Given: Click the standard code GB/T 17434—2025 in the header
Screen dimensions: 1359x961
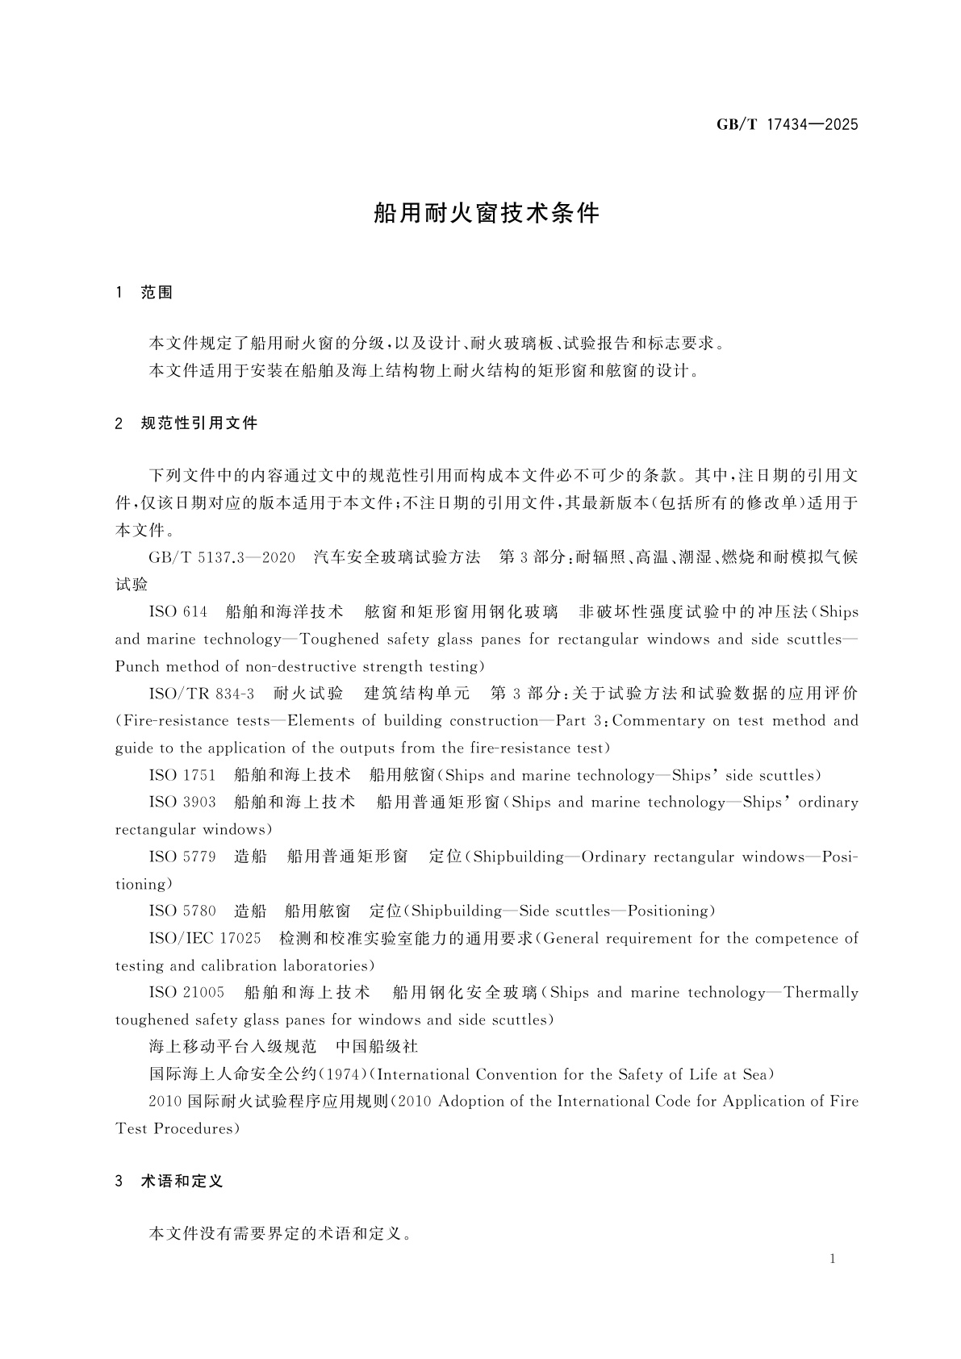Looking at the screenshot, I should click(787, 125).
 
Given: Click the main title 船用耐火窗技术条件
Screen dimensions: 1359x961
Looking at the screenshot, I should click(487, 213).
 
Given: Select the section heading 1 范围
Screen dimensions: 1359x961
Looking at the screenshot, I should click(145, 293).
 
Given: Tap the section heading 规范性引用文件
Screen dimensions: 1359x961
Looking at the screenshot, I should click(198, 423).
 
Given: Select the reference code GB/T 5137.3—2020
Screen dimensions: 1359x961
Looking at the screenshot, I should click(222, 557).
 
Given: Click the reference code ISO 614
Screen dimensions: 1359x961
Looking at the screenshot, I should click(178, 612).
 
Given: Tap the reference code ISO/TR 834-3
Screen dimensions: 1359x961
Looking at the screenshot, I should click(202, 694).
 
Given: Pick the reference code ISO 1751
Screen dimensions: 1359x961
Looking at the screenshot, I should click(182, 775).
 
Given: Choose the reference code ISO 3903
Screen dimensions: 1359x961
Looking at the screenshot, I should click(182, 802).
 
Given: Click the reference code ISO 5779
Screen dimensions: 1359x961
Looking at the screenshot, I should click(182, 857).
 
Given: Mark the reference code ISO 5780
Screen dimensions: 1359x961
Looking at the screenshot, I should click(182, 911).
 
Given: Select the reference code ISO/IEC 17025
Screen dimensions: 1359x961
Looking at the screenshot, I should click(205, 939).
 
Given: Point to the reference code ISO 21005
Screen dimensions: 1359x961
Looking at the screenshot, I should click(186, 993).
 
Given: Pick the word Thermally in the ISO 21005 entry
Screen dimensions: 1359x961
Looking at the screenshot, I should click(821, 993).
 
